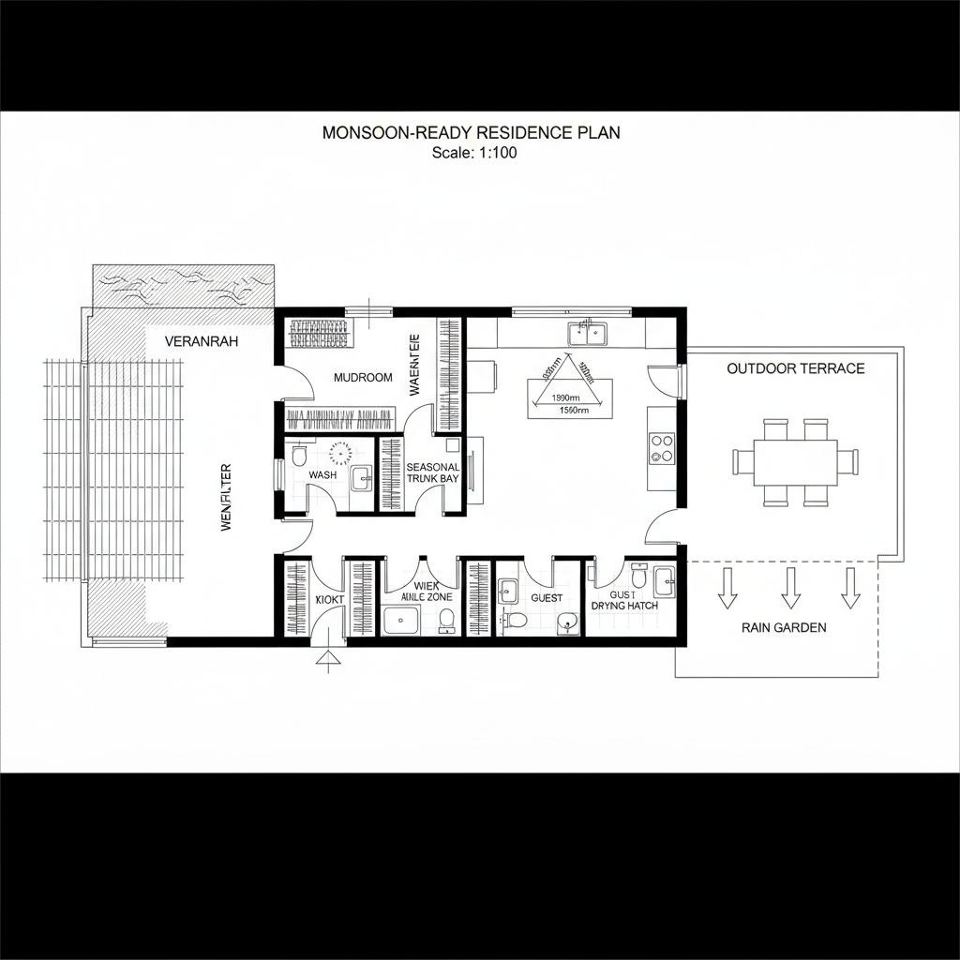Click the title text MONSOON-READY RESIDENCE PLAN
tap(471, 132)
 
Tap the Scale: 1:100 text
tap(474, 153)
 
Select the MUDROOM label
tap(363, 377)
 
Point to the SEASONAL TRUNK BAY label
tap(433, 472)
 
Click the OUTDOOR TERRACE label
tap(795, 368)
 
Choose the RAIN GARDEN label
tap(784, 627)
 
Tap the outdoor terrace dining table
tap(794, 461)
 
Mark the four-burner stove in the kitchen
tap(662, 448)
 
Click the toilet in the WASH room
tap(299, 455)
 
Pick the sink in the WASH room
tap(361, 479)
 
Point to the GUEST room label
tap(547, 597)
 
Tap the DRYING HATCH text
tap(624, 606)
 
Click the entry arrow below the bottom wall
tap(327, 661)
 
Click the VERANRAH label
tap(202, 341)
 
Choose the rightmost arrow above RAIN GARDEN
tap(850, 587)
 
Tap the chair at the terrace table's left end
tap(742, 461)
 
